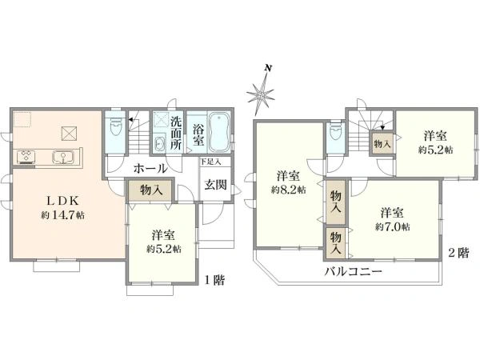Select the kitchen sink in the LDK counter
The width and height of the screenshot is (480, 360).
pos(60,157)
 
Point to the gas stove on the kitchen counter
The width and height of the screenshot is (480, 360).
pos(23,155)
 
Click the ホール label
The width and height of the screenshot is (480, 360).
pos(150,169)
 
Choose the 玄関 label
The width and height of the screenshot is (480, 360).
pos(216,185)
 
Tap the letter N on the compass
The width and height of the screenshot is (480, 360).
pos(271,70)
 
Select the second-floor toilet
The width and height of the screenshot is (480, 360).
pos(335,135)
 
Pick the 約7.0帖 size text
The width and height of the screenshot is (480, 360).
pos(391,227)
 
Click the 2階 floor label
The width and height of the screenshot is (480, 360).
pos(458,253)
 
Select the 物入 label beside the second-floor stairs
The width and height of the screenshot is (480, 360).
pos(382,144)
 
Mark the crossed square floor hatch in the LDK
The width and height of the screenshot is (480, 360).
pos(69,133)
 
